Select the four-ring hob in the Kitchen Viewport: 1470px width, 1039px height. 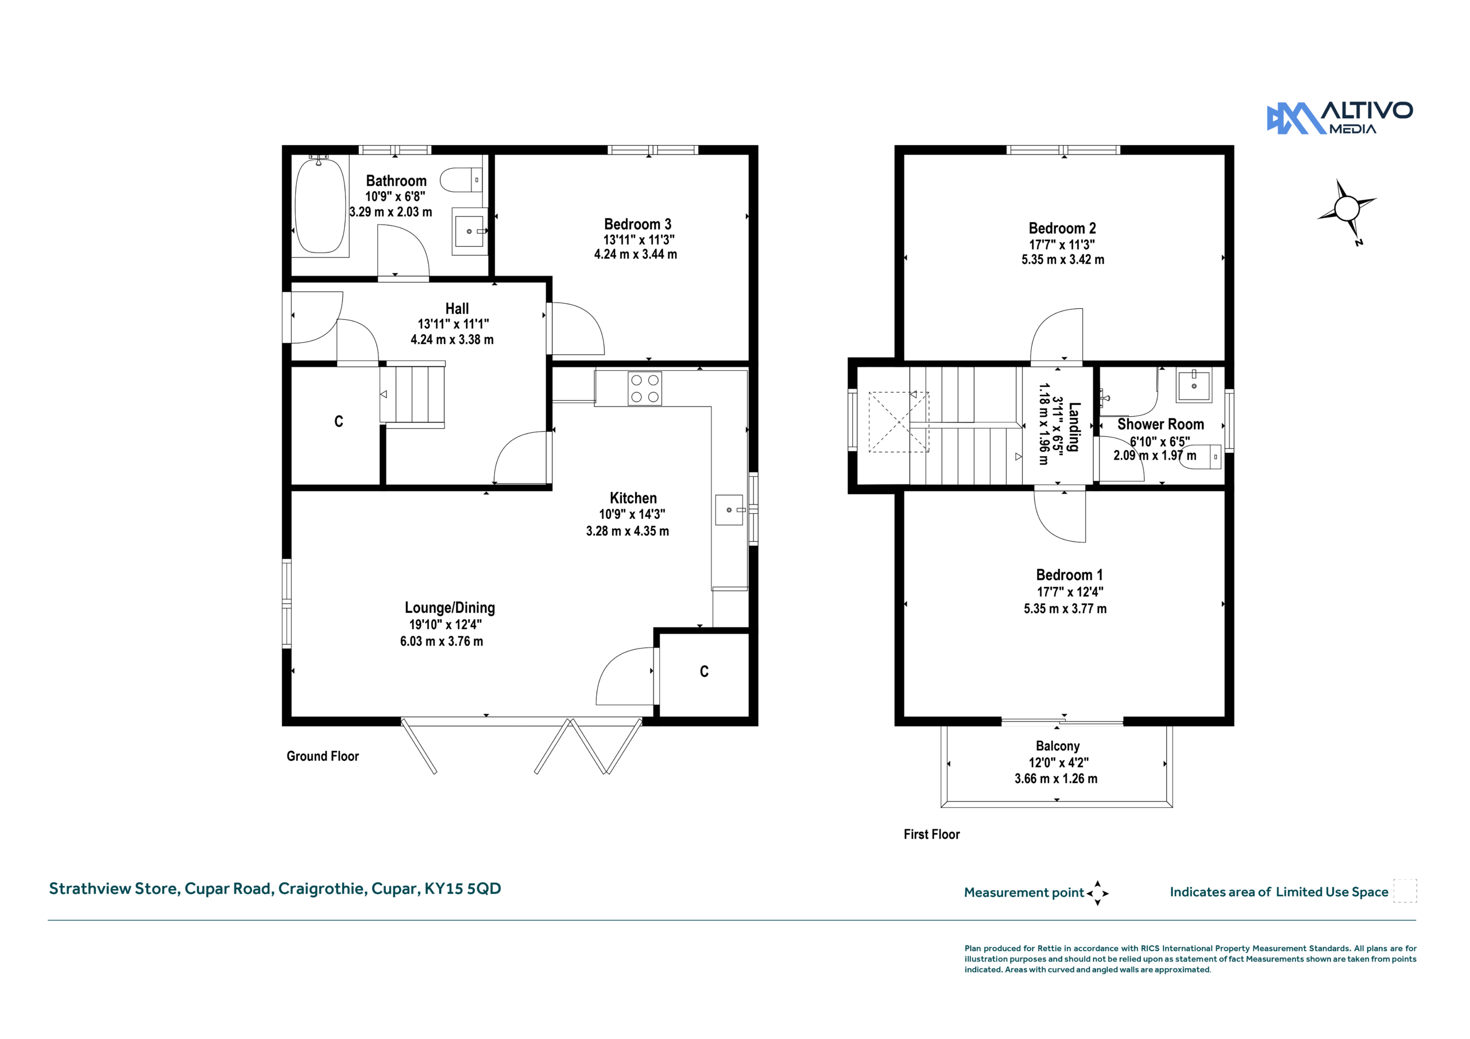645,389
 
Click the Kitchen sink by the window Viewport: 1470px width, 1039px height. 730,510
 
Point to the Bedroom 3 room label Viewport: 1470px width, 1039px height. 638,224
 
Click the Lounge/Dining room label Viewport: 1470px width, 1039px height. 450,607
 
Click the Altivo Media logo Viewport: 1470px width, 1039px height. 1340,118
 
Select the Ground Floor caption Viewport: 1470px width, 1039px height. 323,756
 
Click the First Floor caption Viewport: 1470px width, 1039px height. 931,834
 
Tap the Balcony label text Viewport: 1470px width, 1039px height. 1058,746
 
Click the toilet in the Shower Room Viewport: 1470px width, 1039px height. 1200,457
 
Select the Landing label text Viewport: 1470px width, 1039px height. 1074,427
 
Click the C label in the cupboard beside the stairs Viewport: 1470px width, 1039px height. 339,421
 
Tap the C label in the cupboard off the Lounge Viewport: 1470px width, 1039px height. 704,671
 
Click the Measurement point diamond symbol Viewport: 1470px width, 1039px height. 1097,893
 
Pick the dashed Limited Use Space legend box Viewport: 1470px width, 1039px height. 1405,890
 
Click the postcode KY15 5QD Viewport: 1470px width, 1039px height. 463,889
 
